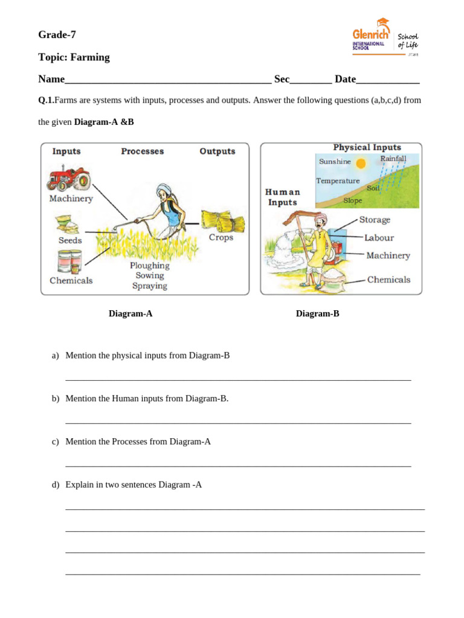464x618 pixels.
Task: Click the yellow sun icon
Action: [361, 163]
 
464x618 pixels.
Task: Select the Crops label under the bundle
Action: [221, 238]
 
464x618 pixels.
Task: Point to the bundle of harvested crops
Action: [223, 221]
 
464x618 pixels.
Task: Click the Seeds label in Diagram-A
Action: [70, 240]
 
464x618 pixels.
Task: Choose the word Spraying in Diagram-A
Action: [149, 286]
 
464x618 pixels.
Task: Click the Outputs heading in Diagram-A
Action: [217, 151]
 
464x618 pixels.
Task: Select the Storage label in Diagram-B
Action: [375, 220]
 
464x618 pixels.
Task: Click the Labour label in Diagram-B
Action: [379, 238]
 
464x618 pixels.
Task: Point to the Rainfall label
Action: [393, 159]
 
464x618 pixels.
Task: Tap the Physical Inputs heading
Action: [367, 147]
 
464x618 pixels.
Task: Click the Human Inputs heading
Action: [282, 197]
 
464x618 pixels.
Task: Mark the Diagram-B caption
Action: [317, 314]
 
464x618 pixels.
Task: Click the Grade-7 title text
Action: [57, 35]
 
